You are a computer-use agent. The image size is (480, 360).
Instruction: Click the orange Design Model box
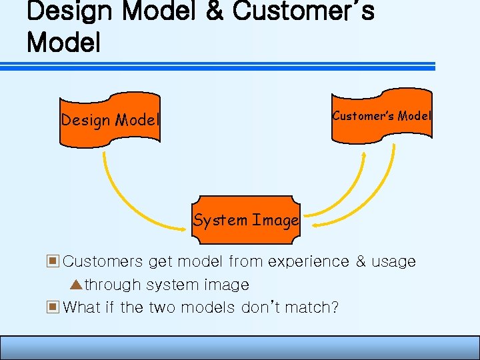[110, 121]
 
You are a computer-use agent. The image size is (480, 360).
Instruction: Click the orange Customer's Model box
[381, 117]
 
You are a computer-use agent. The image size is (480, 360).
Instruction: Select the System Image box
[245, 219]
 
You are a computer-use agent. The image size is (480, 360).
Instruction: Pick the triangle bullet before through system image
[75, 285]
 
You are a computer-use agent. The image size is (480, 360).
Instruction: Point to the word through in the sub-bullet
[113, 285]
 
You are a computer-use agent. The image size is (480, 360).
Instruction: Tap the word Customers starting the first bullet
[103, 262]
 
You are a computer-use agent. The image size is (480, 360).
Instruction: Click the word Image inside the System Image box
[275, 220]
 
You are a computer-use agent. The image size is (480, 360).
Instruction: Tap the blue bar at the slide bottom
[240, 348]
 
